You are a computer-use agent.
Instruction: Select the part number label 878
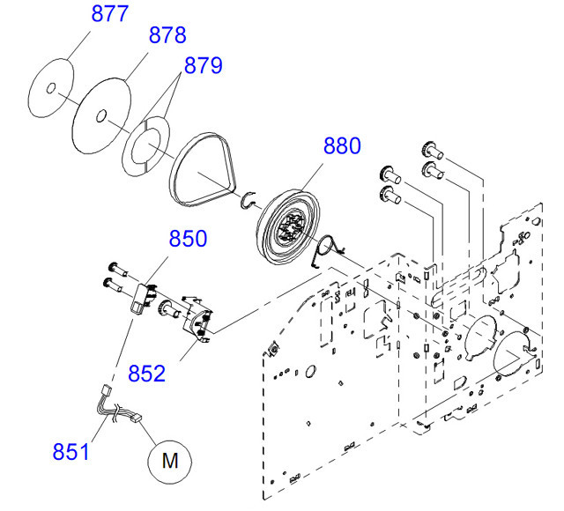click(x=167, y=36)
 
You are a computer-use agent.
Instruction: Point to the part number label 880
click(x=341, y=146)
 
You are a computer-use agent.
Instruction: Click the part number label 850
click(x=187, y=239)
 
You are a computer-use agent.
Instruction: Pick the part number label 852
click(x=145, y=373)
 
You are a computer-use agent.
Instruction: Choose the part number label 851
click(x=70, y=452)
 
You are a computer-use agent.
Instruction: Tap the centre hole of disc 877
click(x=51, y=87)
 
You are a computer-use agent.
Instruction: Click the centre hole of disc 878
click(x=103, y=115)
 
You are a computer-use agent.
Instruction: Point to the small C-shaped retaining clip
click(x=249, y=203)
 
